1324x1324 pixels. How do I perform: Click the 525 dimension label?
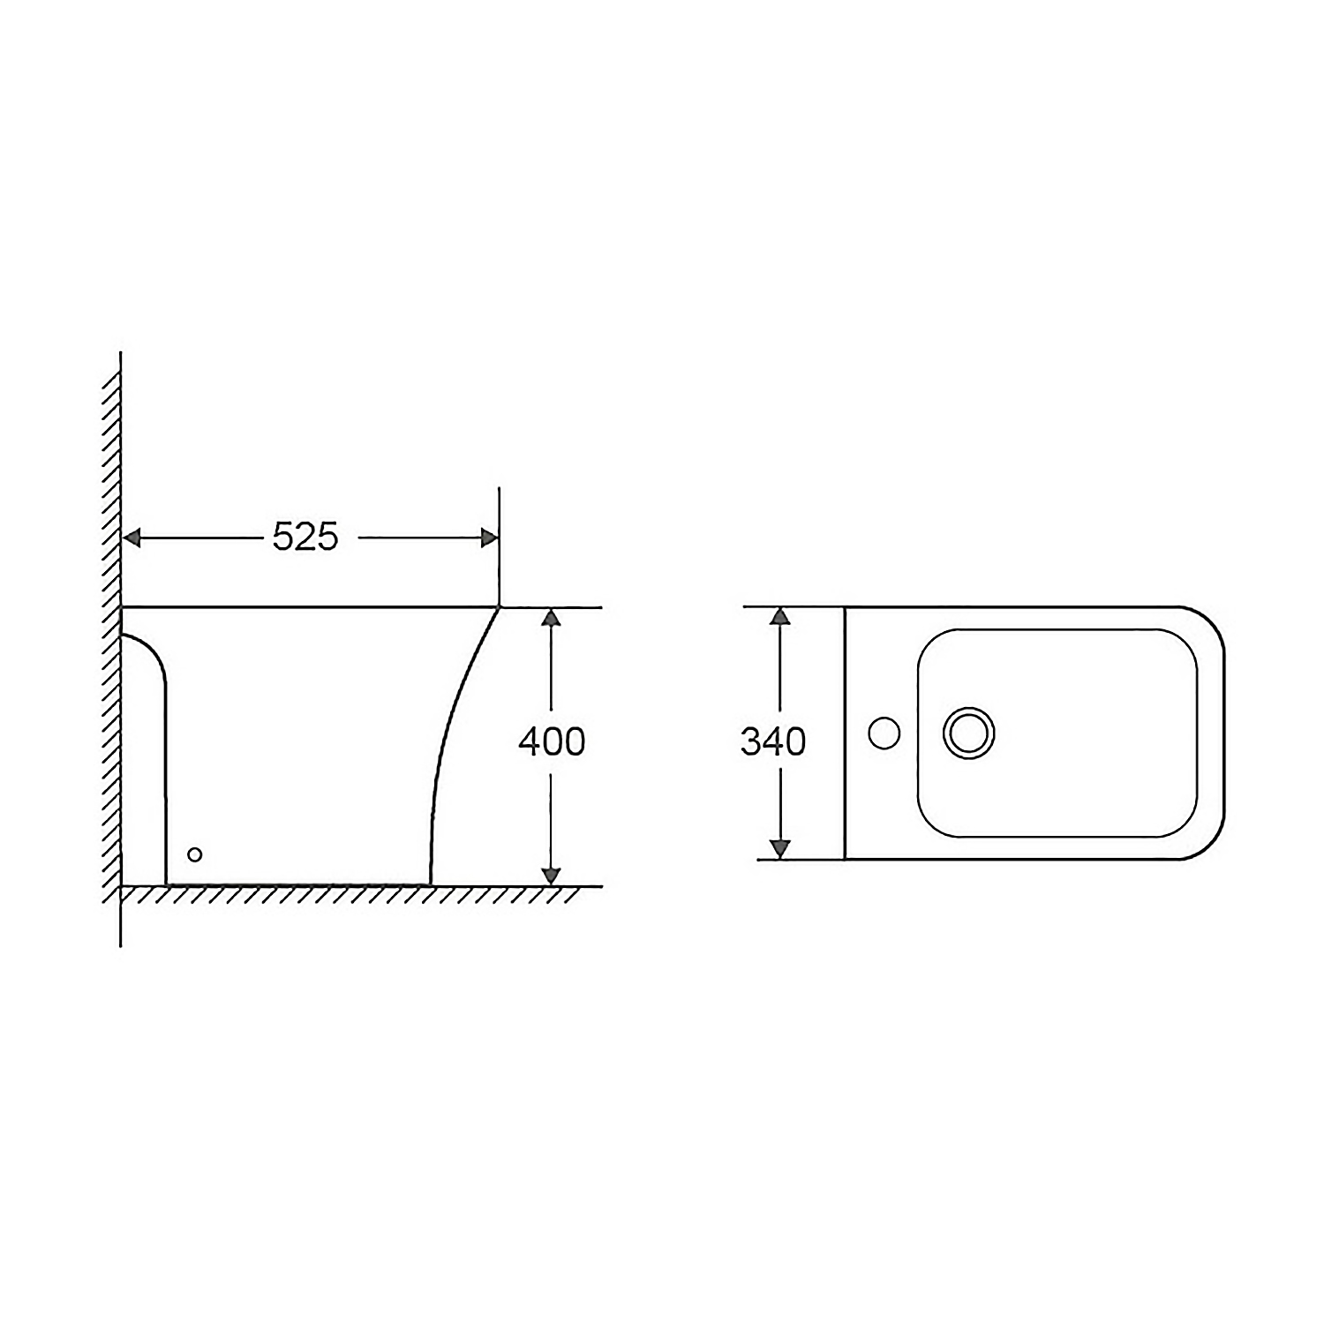tap(305, 537)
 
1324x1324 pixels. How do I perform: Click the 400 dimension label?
tap(552, 742)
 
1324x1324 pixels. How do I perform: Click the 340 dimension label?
tap(773, 742)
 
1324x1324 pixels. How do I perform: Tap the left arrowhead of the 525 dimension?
tap(132, 538)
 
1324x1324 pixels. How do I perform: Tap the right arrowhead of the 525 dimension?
tap(489, 538)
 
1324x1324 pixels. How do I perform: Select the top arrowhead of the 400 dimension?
tap(551, 617)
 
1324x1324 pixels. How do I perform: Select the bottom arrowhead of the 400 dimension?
tap(551, 876)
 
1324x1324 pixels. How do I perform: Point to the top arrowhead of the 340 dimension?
tap(779, 617)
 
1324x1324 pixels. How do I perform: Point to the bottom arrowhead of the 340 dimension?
tap(779, 849)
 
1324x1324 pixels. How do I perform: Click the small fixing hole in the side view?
tap(195, 854)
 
